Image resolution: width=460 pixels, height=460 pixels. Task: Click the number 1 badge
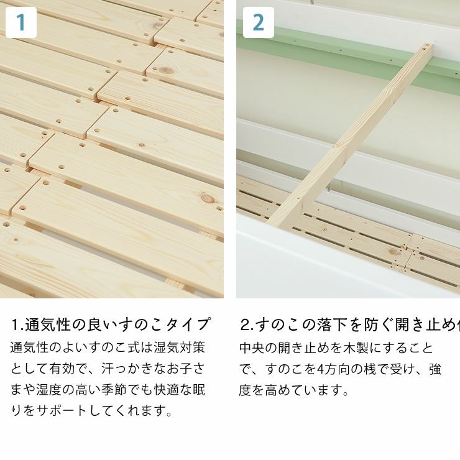[21, 22]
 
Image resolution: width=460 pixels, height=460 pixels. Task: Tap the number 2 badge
[258, 22]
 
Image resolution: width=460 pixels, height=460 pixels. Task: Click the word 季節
[113, 390]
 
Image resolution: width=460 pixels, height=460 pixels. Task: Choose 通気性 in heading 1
[47, 324]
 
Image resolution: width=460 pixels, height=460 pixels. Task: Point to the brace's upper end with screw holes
[424, 50]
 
